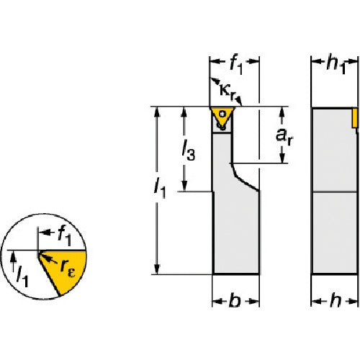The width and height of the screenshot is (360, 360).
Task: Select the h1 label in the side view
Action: [336, 65]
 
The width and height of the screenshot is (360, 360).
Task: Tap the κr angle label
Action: [228, 92]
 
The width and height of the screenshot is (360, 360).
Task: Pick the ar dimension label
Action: [284, 136]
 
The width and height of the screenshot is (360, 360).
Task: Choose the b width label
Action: [235, 300]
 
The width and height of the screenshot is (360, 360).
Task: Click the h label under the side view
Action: [336, 300]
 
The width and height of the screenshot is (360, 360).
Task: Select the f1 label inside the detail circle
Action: [65, 236]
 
